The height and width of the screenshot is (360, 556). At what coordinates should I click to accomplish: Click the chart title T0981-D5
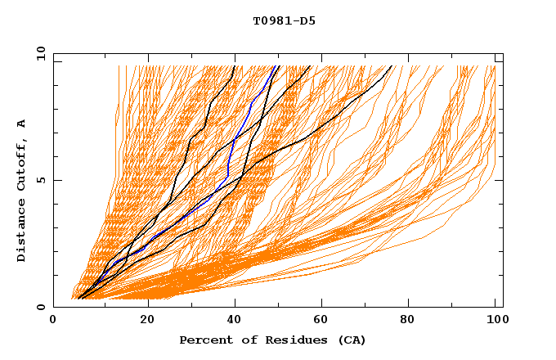tap(284, 21)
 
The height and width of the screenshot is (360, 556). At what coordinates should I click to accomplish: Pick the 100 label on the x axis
tap(495, 320)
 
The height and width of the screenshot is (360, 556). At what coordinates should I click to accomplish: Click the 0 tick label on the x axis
tap(53, 320)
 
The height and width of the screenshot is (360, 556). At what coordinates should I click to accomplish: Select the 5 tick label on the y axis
tap(39, 180)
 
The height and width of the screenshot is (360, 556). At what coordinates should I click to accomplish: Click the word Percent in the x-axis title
tap(204, 340)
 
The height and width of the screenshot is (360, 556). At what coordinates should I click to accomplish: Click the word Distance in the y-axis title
tap(22, 232)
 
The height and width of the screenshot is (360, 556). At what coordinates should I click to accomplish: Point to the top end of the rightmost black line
tap(391, 66)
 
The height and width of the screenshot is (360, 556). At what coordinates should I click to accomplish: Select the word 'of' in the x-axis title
tap(249, 340)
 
